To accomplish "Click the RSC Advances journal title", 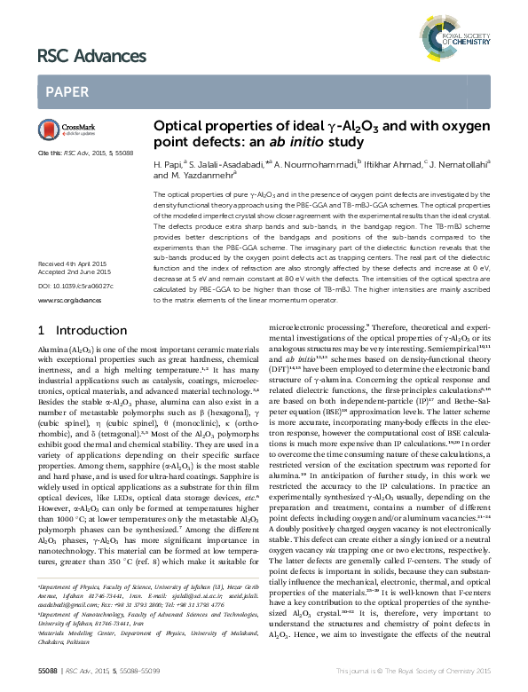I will [79, 58].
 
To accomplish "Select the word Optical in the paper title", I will [178, 127].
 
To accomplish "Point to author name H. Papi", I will [168, 164].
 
